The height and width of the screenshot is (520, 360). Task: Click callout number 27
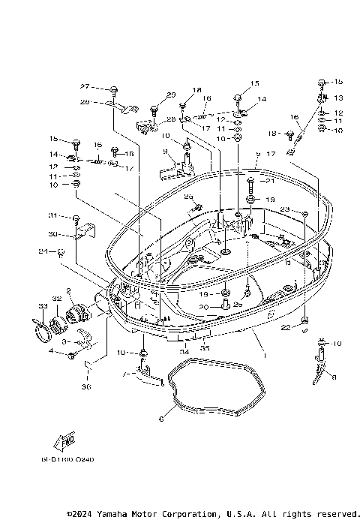coord(85,86)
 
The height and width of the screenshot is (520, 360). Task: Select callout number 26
coord(85,101)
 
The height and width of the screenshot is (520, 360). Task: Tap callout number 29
coord(171,95)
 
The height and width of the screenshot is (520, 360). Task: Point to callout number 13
coord(337,98)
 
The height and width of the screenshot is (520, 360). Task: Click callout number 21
coord(271,182)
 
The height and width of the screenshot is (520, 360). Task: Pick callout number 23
coord(285,209)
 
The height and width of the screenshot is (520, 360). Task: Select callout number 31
coord(53,216)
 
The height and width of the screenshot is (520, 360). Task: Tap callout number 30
coord(53,234)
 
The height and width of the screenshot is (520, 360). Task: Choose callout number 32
coord(56,299)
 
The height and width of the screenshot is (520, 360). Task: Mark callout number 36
coord(85,387)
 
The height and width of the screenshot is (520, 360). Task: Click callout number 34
coord(184,350)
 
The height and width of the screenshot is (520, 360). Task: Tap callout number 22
coord(285,327)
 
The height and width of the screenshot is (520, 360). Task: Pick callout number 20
coord(204,307)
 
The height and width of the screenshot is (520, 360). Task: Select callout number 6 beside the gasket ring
coord(161,418)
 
